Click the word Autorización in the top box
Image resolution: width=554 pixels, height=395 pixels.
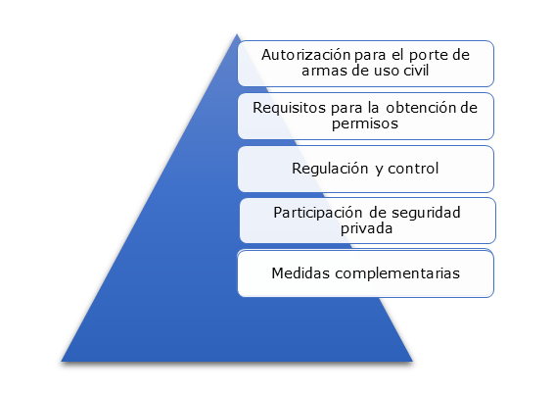306,55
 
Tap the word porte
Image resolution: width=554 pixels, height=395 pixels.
429,56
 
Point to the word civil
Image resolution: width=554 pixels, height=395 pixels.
416,71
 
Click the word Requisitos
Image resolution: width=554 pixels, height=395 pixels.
290,108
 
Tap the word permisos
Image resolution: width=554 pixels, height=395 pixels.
365,123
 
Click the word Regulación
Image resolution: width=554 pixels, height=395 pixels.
330,169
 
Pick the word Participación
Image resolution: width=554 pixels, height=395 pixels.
318,213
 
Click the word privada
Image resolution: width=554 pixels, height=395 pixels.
366,228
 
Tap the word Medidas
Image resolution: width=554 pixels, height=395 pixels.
300,272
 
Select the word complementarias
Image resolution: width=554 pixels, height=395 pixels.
397,273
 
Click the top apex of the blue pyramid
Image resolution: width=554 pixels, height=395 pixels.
237,34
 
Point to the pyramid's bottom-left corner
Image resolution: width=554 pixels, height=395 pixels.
62,362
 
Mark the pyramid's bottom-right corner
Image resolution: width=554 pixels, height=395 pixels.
412,362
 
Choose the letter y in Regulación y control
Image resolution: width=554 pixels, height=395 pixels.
379,170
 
